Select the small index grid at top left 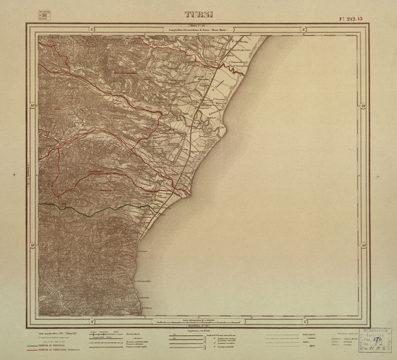click(x=45, y=14)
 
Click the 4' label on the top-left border click(x=91, y=29)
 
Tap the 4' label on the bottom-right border click(x=304, y=322)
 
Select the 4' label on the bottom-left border click(x=91, y=322)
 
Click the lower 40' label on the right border click(x=363, y=246)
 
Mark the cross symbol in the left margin click(x=15, y=175)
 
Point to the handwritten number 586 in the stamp click(x=378, y=340)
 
